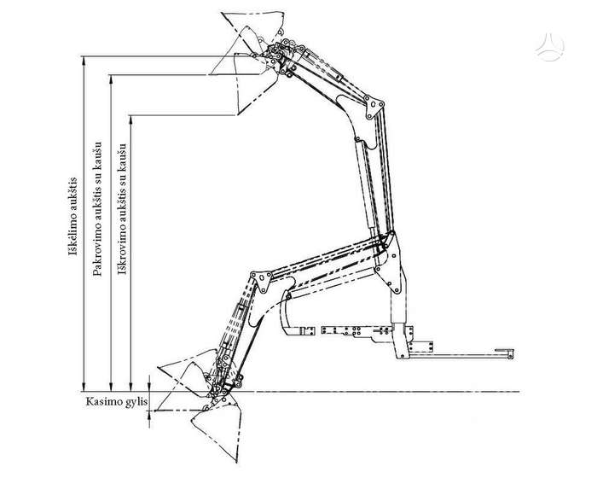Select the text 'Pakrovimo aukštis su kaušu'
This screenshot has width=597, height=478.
97,208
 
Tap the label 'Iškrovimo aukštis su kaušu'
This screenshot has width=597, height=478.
121,209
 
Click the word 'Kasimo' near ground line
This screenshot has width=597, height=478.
101,401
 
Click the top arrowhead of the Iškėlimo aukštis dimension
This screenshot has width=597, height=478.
84,61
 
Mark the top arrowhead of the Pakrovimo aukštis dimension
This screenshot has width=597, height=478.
111,79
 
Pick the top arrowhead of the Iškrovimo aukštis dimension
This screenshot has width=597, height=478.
130,119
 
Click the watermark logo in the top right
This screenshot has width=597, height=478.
549,46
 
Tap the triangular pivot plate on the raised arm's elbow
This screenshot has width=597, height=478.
374,107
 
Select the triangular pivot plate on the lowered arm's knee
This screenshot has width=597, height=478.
262,282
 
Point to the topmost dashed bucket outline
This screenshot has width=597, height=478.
252,26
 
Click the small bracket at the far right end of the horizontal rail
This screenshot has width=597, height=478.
505,353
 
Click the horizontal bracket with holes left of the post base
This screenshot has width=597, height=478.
356,330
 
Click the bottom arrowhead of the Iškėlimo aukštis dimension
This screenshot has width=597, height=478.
84,387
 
